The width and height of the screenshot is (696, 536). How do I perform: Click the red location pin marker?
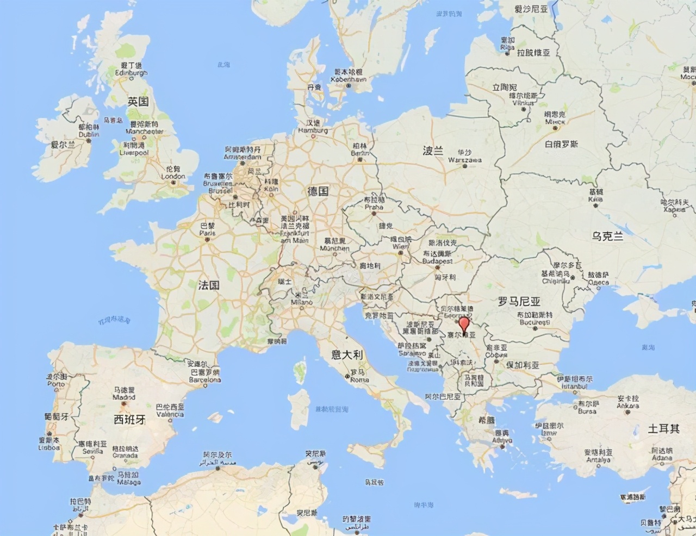click(464, 325)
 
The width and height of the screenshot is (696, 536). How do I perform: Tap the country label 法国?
click(209, 285)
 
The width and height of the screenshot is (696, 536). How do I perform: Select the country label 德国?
click(318, 191)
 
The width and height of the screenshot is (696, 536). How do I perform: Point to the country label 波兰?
click(433, 151)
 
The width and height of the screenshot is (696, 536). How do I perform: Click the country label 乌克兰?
click(607, 236)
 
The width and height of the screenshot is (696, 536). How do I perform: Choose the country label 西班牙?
click(129, 419)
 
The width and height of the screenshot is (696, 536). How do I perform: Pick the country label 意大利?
click(347, 354)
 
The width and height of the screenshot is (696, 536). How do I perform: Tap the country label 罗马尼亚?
click(519, 301)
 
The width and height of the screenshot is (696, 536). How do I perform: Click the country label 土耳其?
click(663, 428)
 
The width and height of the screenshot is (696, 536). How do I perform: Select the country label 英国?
click(138, 101)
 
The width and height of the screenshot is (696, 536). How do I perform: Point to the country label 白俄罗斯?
click(562, 144)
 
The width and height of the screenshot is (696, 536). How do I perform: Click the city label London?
click(173, 176)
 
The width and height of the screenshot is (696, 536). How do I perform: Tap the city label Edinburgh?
click(131, 73)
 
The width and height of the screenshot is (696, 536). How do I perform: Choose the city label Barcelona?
click(205, 380)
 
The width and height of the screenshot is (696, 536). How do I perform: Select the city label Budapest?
click(437, 261)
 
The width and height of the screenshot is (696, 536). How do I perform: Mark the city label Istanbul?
click(574, 385)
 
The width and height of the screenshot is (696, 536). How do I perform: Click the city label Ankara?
click(627, 406)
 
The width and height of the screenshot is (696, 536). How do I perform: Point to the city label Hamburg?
click(313, 130)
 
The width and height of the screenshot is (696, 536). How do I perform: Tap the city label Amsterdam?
click(243, 157)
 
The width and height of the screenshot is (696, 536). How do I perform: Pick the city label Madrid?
click(124, 397)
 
